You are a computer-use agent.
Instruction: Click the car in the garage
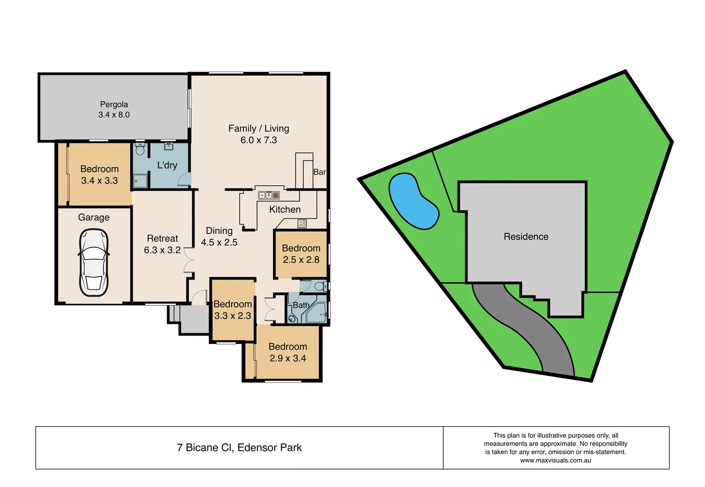[94, 262]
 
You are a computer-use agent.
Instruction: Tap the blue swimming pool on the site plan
[412, 200]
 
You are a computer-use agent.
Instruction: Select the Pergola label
[114, 104]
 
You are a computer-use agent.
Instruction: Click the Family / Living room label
[259, 129]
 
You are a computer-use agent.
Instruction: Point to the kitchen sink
[269, 195]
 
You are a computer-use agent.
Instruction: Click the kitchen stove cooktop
[302, 223]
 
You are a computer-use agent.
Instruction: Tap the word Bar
[319, 172]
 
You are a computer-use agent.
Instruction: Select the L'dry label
[167, 165]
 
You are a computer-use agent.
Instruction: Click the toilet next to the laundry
[140, 149]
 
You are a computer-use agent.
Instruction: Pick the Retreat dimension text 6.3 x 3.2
[162, 250]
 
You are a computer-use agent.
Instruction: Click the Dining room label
[219, 231]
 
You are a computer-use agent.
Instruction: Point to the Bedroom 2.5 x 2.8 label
[301, 248]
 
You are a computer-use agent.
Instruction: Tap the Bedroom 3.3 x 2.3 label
[233, 304]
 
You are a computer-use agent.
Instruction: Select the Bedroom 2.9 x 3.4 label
[288, 347]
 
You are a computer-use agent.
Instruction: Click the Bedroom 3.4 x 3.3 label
[100, 169]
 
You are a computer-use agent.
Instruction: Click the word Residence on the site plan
[526, 237]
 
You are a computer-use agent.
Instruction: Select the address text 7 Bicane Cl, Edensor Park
[239, 448]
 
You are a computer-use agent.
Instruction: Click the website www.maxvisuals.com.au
[555, 460]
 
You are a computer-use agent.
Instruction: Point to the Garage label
[94, 217]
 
